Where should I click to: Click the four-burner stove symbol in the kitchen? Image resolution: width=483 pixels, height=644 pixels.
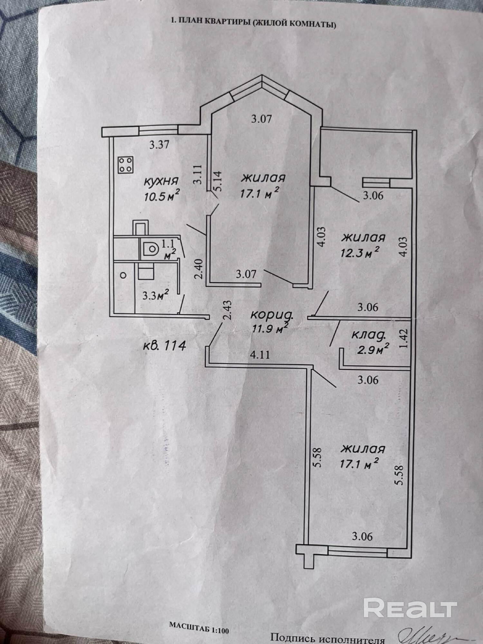point(126,165)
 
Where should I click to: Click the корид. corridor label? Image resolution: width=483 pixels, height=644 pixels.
point(272,315)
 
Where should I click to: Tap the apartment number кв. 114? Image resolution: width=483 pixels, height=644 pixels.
point(165,346)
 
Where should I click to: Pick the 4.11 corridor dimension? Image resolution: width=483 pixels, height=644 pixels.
point(260,355)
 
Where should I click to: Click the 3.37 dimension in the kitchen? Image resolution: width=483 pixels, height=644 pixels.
point(159,145)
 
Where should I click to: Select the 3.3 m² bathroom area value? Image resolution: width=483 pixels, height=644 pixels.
point(156,295)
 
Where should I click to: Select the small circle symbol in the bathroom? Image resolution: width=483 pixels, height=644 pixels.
point(123,275)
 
